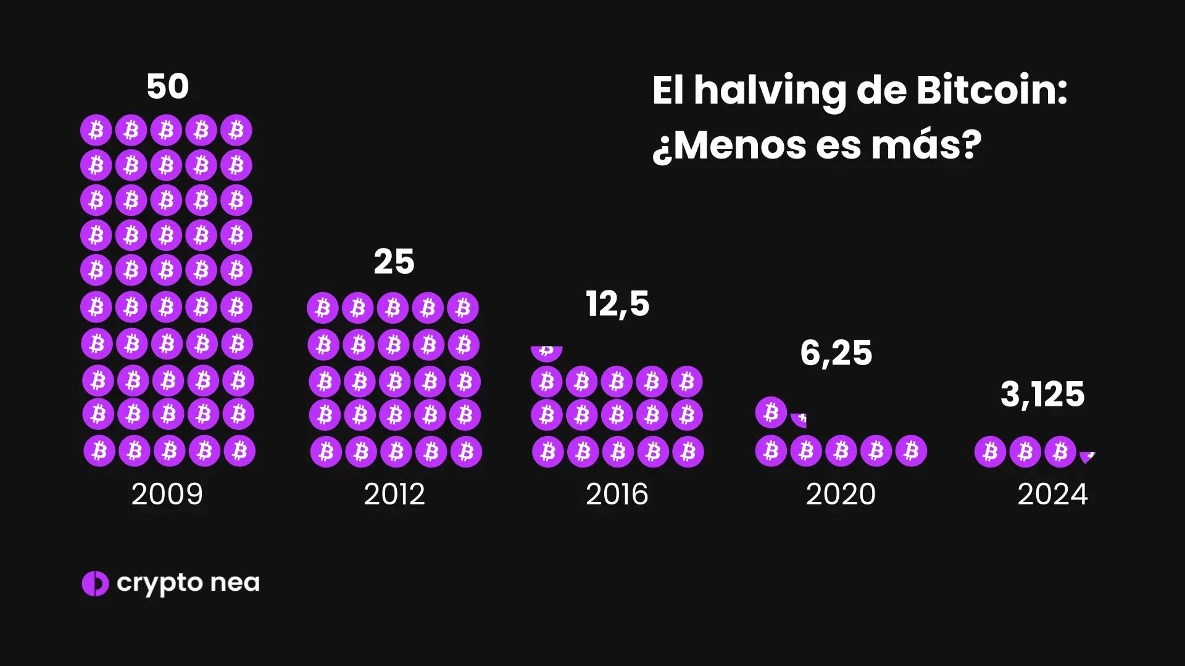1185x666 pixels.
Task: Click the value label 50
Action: tap(167, 87)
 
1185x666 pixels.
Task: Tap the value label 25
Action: tap(394, 262)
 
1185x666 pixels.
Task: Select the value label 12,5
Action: tap(617, 304)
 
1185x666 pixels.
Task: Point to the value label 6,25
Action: tap(836, 353)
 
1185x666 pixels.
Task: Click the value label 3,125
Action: tap(1042, 395)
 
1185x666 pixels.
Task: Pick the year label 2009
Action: tap(167, 495)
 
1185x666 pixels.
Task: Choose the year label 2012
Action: tap(394, 495)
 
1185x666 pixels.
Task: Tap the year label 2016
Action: tap(617, 495)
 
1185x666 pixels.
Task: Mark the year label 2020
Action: tap(841, 495)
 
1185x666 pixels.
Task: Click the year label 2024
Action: tap(1052, 495)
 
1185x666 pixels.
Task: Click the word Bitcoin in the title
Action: tap(991, 91)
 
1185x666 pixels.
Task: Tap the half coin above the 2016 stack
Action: tap(546, 353)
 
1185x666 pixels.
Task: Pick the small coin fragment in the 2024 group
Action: tap(1087, 457)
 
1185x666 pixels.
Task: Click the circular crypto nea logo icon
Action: tap(95, 583)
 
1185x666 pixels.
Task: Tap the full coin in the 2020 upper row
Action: tap(771, 412)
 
